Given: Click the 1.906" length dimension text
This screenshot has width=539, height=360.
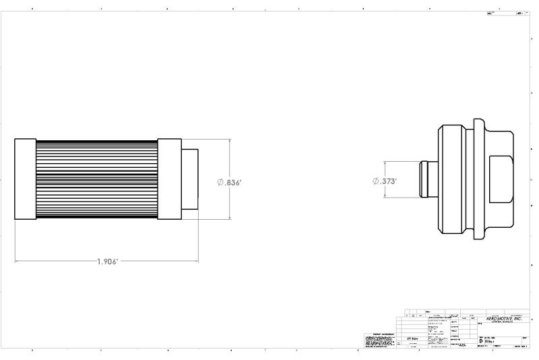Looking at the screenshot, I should (x=106, y=262).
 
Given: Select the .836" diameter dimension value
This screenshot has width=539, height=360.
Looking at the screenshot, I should (x=233, y=183).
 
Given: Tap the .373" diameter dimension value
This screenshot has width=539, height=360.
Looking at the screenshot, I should (x=389, y=181).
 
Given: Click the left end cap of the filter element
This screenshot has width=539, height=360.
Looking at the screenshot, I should (x=25, y=179).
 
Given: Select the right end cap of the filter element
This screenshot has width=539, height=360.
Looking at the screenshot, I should (x=169, y=179).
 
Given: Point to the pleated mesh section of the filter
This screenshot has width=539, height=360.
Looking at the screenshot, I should (x=96, y=179).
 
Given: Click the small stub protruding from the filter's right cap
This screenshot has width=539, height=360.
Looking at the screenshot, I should (x=190, y=179).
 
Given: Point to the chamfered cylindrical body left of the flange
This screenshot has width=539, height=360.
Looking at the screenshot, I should (x=453, y=180).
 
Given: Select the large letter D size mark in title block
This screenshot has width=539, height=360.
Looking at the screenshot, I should (x=480, y=342).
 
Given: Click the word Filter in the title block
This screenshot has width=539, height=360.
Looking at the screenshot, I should (x=490, y=342).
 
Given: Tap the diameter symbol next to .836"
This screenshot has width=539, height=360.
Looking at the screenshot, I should (x=220, y=183).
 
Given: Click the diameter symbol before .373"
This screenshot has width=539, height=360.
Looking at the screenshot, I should (x=376, y=181).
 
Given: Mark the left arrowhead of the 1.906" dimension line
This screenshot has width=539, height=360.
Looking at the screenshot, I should (x=17, y=261).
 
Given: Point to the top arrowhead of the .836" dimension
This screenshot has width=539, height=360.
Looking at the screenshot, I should (x=230, y=142).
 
